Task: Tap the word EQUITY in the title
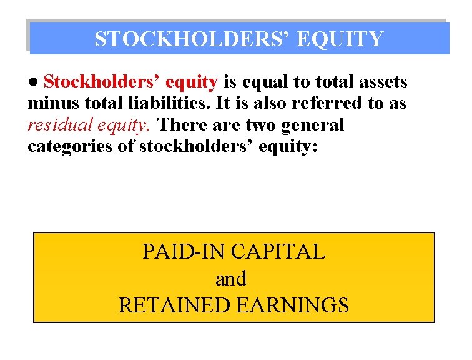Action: [340, 39]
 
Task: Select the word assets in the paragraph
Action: [380, 82]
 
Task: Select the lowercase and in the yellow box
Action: [231, 279]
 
